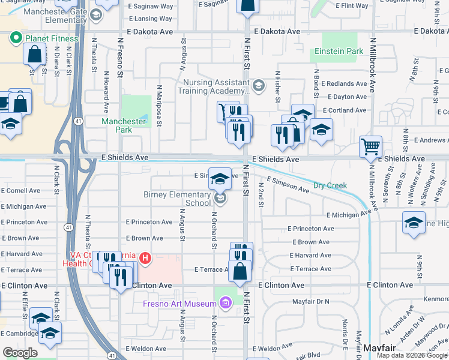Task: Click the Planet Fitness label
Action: click(51, 39)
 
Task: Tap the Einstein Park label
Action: click(342, 52)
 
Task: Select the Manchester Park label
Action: click(124, 125)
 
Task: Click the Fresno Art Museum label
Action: click(181, 304)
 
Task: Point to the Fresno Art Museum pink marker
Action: click(226, 304)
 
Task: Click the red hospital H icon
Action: click(145, 259)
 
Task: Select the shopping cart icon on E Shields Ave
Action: click(370, 147)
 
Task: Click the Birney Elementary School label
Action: click(177, 199)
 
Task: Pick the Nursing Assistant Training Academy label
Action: click(213, 87)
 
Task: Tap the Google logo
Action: click(20, 353)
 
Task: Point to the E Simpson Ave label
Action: click(288, 185)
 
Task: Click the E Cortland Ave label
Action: click(345, 110)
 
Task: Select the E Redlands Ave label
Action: click(344, 84)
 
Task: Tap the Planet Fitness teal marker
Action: click(14, 39)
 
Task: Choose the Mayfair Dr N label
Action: click(312, 301)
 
